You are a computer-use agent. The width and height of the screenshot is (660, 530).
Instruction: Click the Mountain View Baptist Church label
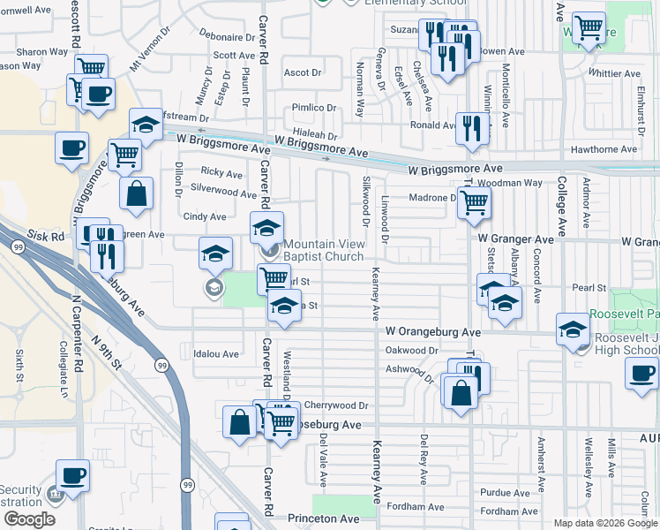323,251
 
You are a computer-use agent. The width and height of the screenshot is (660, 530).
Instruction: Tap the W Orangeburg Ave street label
432,332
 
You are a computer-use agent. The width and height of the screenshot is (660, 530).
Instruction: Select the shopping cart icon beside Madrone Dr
474,202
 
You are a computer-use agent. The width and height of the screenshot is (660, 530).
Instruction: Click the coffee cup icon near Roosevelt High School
641,373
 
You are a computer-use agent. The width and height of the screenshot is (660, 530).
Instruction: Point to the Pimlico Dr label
315,108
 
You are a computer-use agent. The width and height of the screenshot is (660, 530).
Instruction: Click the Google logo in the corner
29,519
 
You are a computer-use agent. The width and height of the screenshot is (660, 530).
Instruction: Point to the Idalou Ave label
216,354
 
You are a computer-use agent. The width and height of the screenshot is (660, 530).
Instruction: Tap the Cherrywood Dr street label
335,405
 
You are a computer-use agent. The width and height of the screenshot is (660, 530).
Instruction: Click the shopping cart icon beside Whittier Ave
588,27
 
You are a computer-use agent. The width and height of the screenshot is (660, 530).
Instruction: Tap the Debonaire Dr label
226,37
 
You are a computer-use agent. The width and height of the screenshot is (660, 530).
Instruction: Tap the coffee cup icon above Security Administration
72,475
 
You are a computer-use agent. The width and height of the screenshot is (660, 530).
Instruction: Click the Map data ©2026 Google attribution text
605,523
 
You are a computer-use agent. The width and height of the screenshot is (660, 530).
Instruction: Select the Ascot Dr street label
302,72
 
